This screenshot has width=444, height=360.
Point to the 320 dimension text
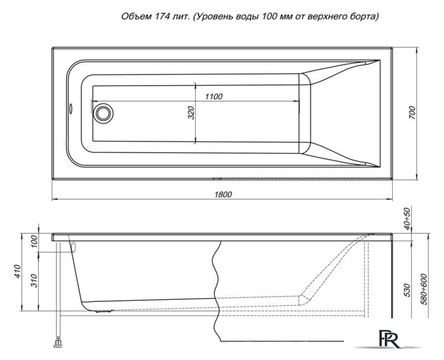click(191, 112)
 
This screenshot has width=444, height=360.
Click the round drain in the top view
click(103, 112)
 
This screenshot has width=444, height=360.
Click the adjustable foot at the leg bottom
click(58, 341)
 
